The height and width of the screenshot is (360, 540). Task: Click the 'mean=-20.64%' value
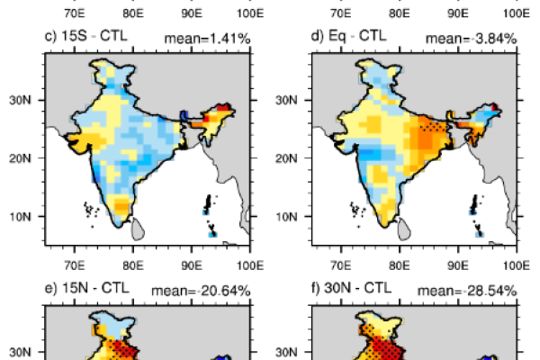point(205,289)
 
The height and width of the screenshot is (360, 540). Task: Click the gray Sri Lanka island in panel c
point(137,229)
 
